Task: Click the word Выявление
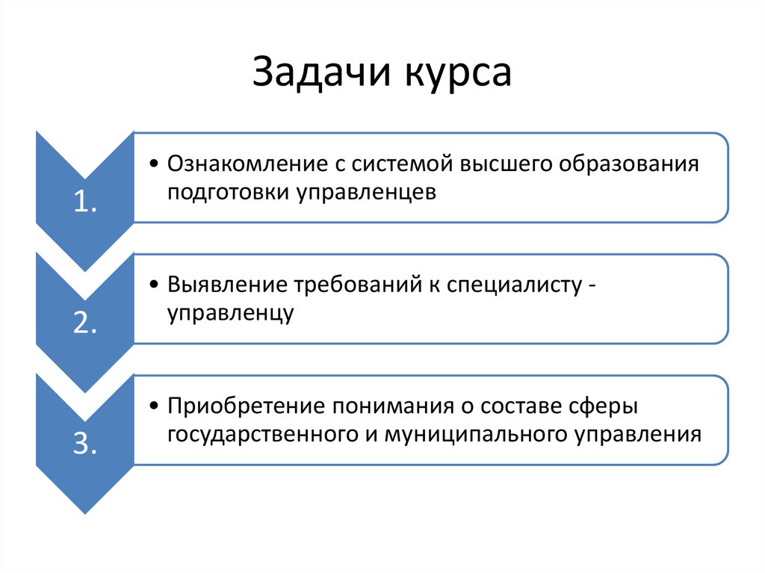(x=223, y=285)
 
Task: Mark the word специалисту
(x=512, y=285)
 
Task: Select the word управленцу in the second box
(x=229, y=313)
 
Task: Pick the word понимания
(x=391, y=406)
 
